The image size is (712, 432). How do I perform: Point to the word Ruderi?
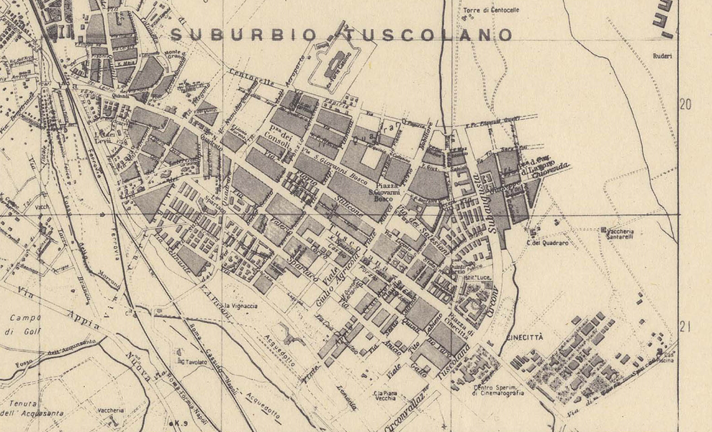coord(663,56)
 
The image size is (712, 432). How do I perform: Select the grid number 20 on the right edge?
coord(685,105)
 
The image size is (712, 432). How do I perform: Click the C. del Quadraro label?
coord(544,242)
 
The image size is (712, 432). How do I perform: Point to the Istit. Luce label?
coord(483,277)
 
